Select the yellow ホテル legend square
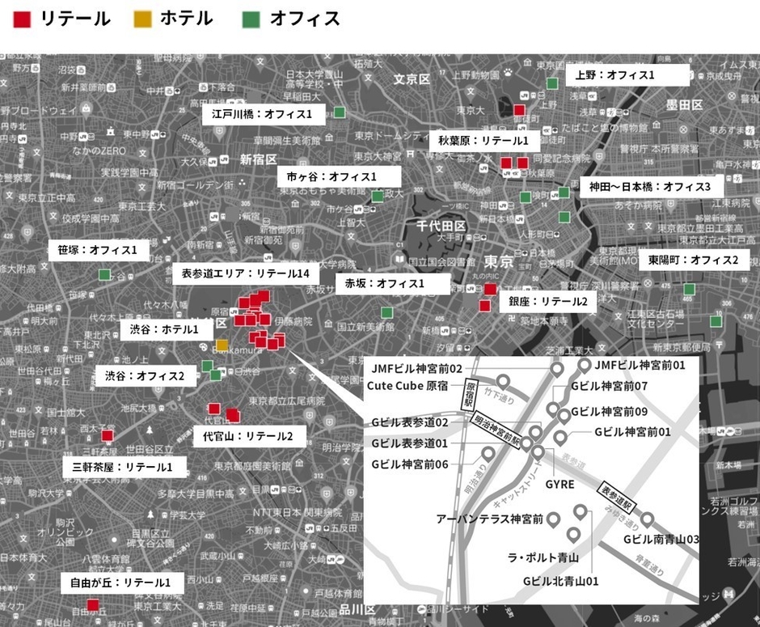coord(142,19)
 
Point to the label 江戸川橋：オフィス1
coord(262,114)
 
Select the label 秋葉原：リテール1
coord(483,141)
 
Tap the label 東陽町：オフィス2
coord(693,261)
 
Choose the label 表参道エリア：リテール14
coord(243,273)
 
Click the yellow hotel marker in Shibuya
coord(222,345)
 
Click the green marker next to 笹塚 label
coord(104,275)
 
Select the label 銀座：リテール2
coord(548,302)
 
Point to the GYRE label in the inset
coord(561,484)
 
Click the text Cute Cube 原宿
coord(407,385)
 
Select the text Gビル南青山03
coord(661,539)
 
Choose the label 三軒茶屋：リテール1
coord(125,467)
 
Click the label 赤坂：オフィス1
coord(385,283)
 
